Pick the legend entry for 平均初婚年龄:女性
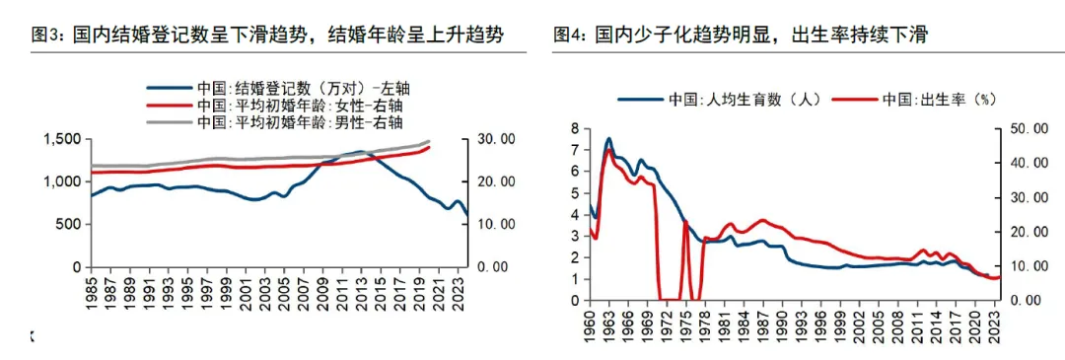tap(286, 106)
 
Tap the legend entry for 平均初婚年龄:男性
tap(286, 122)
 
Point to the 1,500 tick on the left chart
tap(63, 139)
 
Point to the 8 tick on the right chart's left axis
tap(575, 127)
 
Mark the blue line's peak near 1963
tap(608, 138)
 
